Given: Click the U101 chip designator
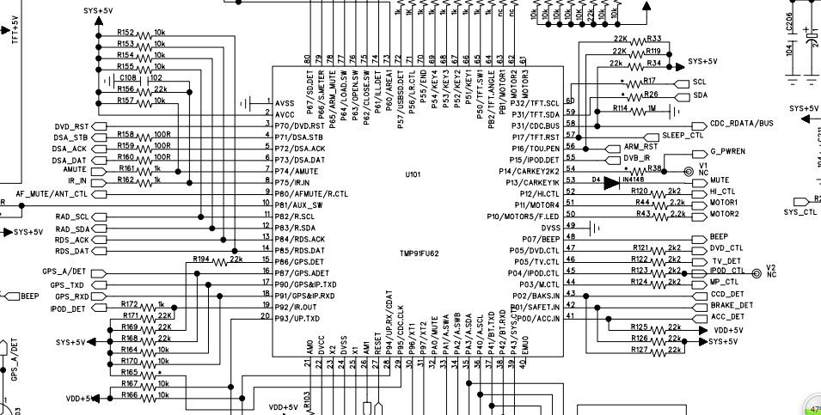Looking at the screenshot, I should (414, 174).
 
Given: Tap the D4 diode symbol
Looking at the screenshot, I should (611, 181).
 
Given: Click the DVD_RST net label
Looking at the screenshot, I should (72, 126).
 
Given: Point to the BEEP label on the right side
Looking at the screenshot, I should (719, 237).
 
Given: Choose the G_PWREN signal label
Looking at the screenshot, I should (727, 151).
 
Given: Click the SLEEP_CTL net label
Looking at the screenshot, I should (684, 136).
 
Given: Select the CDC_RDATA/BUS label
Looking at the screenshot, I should (742, 124).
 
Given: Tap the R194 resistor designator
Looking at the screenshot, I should (202, 258).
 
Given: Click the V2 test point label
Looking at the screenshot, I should (771, 268).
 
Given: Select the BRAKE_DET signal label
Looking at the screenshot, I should (732, 305).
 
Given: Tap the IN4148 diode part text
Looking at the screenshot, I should (636, 180).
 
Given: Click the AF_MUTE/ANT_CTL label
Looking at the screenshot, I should (52, 194).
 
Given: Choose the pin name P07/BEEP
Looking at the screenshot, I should (542, 238).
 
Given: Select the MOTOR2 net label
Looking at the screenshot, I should (725, 214).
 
